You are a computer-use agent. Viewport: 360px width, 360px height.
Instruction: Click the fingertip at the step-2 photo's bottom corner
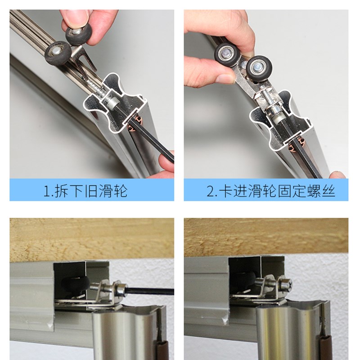tap(338, 174)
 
